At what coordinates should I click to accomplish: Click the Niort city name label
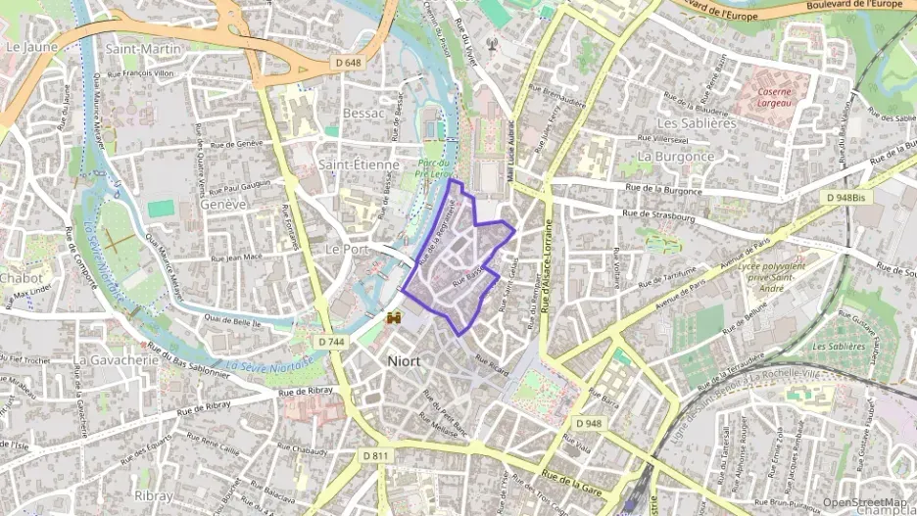[404, 361]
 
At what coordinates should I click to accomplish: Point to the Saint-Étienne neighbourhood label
[359, 164]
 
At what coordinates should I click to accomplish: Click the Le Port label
[346, 249]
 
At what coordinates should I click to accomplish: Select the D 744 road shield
[331, 341]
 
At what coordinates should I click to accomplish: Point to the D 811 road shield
[375, 455]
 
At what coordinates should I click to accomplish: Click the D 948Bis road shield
[845, 198]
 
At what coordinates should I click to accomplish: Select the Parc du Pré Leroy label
[433, 168]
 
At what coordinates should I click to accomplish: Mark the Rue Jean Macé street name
[237, 258]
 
